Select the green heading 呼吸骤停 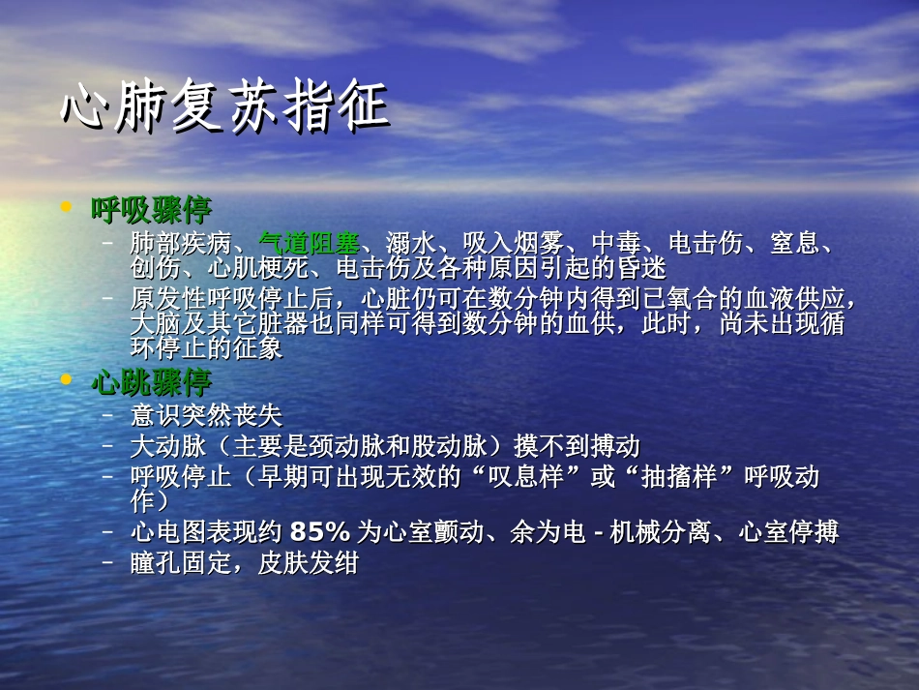(x=151, y=209)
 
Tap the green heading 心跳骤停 (x=151, y=382)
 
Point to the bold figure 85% (x=319, y=531)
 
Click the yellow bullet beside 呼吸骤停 (x=66, y=207)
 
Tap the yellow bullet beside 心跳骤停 (x=66, y=380)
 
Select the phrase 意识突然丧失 (x=206, y=416)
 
